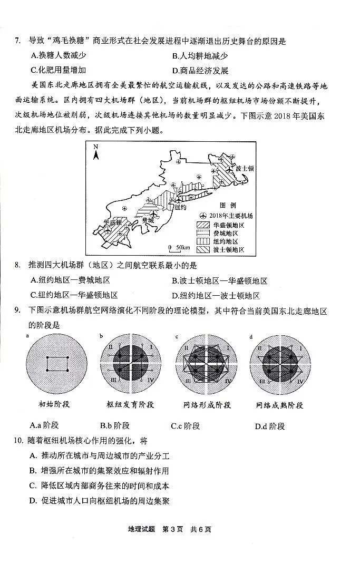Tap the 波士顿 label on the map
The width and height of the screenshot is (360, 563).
(x=245, y=169)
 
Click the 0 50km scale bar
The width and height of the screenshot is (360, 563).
(x=178, y=247)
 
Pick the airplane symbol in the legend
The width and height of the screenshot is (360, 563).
(x=203, y=216)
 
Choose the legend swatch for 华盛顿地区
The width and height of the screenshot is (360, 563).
(x=203, y=225)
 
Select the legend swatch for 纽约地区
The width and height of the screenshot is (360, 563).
(x=203, y=241)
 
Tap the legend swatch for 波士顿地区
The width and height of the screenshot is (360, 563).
(x=203, y=249)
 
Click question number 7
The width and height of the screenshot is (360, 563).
(x=17, y=41)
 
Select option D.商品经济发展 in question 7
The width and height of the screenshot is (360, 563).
(x=200, y=71)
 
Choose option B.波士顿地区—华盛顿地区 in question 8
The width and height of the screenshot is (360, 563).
(x=219, y=281)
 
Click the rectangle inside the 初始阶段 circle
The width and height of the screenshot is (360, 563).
(x=56, y=364)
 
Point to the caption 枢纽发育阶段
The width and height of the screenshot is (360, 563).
(x=130, y=405)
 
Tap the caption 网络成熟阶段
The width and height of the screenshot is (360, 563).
(x=279, y=405)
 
